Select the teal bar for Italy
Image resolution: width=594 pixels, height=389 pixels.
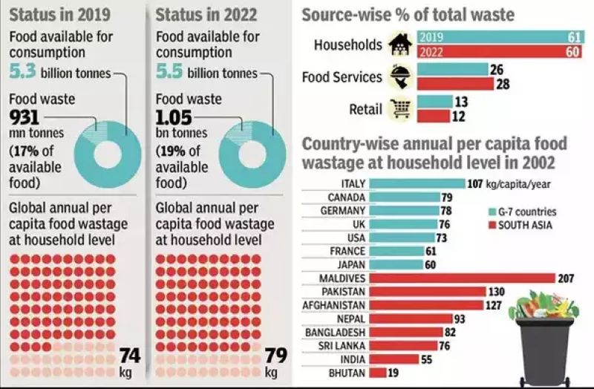click(417, 184)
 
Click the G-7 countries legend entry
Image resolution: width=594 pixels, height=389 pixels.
click(523, 212)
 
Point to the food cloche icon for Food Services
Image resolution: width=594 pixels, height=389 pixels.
click(396, 77)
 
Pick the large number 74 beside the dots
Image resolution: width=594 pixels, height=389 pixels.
click(130, 356)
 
